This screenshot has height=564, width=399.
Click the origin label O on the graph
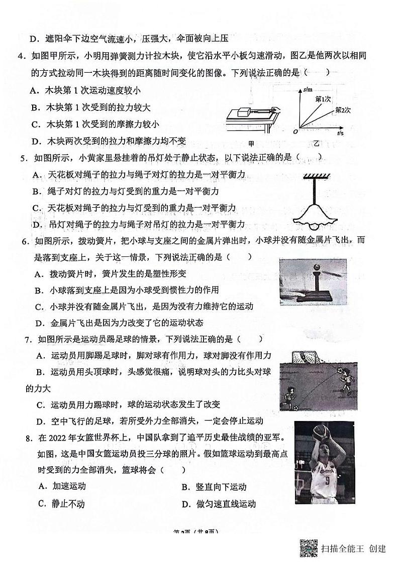point(295,131)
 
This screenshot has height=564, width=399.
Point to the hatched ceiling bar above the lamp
point(315,176)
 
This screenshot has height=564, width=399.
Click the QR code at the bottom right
point(309,548)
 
